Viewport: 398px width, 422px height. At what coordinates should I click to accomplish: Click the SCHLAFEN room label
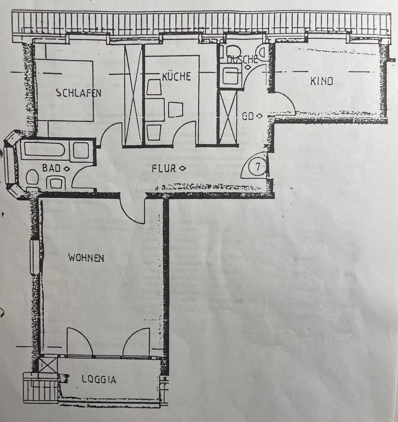(79, 93)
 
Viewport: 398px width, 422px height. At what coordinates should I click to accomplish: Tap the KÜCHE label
(176, 76)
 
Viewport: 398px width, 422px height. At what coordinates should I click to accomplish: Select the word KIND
(322, 81)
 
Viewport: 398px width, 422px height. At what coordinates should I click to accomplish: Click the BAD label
(51, 167)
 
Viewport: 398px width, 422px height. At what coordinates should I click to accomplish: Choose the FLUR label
(163, 168)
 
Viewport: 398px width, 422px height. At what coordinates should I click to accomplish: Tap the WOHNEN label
(86, 258)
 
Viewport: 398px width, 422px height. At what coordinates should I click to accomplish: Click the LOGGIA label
(99, 379)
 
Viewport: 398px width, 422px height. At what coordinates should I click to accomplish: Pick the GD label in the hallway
(249, 116)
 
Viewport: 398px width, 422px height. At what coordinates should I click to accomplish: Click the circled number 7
(257, 167)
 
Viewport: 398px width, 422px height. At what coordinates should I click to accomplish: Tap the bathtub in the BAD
(44, 150)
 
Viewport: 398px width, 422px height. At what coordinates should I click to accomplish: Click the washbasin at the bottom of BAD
(56, 182)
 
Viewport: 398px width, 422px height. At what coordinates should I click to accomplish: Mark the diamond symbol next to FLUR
(182, 168)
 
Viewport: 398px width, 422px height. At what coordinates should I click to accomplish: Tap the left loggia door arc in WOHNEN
(79, 342)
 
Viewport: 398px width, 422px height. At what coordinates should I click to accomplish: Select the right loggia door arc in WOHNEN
(137, 342)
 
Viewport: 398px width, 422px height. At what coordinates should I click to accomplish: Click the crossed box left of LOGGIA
(48, 364)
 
